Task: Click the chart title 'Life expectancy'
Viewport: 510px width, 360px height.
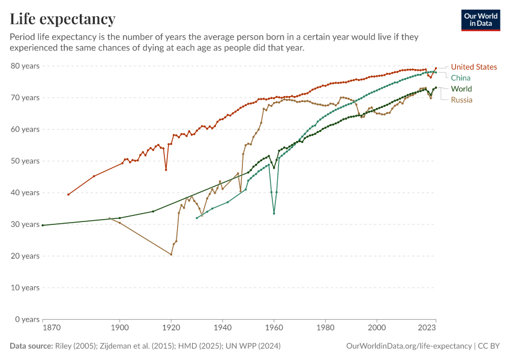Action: coord(62,19)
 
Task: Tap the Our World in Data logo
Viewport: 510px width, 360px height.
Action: coord(481,20)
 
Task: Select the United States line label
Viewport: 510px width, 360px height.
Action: coord(474,67)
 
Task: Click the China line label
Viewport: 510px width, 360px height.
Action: coord(461,78)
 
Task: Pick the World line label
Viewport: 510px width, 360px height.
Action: coord(461,89)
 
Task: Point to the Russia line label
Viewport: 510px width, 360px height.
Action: coord(462,100)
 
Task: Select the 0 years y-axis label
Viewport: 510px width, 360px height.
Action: coord(27,319)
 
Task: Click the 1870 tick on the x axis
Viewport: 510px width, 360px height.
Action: coord(51,328)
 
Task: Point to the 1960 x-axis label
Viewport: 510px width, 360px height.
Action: coord(274,328)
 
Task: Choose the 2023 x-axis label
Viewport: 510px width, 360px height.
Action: coord(427,328)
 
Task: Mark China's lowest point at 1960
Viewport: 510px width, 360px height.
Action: coord(274,214)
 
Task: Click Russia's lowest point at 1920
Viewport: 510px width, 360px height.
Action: coord(171,254)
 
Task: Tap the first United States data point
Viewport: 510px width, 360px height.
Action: coord(68,194)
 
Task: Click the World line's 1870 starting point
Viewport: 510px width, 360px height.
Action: coord(43,225)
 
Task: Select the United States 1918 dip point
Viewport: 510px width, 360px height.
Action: coord(166,170)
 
